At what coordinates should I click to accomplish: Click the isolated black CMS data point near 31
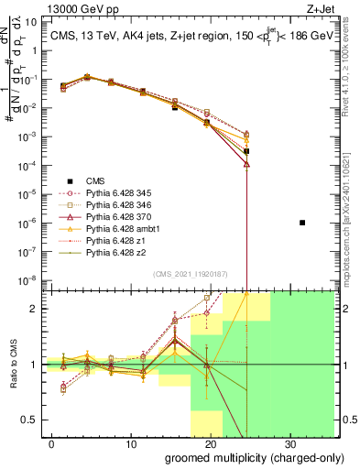tap(302, 223)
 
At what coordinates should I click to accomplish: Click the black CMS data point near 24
tap(247, 151)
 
